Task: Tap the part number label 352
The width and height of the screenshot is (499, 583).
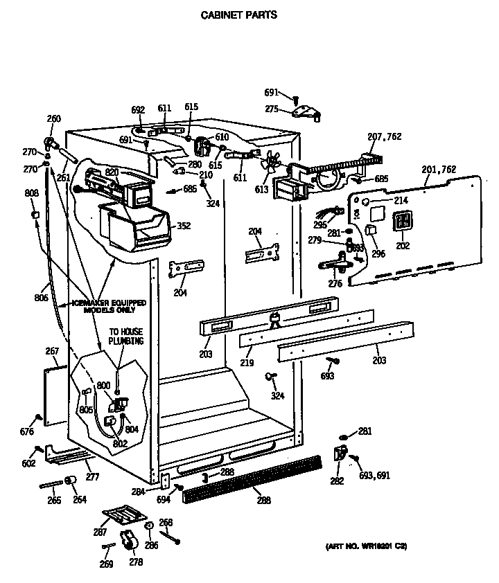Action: (x=183, y=225)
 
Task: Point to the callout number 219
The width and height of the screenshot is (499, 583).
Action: (x=247, y=362)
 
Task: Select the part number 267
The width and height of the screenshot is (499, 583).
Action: (x=52, y=351)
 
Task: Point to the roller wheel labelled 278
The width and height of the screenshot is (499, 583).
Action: (x=130, y=544)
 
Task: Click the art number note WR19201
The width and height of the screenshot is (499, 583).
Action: (x=365, y=547)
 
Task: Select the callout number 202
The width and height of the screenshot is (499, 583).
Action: (x=403, y=244)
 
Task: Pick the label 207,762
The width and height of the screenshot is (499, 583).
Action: (x=385, y=136)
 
